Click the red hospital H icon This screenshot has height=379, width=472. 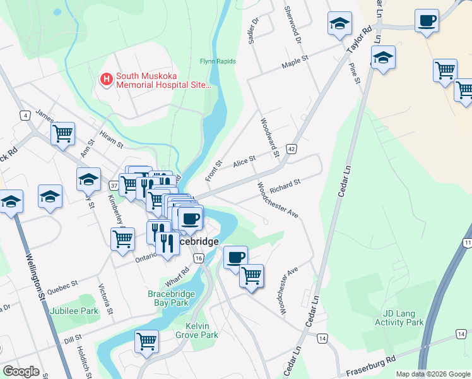106,80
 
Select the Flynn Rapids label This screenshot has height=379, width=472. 218,61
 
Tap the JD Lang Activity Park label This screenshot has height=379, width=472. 403,317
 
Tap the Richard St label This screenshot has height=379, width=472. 285,186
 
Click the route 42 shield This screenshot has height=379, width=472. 291,148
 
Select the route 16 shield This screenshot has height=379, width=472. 199,258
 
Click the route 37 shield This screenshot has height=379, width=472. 114,185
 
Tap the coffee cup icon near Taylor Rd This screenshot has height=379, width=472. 427,21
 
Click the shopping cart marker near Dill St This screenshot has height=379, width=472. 147,341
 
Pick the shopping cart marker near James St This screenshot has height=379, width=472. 63,134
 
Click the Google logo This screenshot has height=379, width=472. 21,371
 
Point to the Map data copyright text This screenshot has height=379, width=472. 431,374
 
